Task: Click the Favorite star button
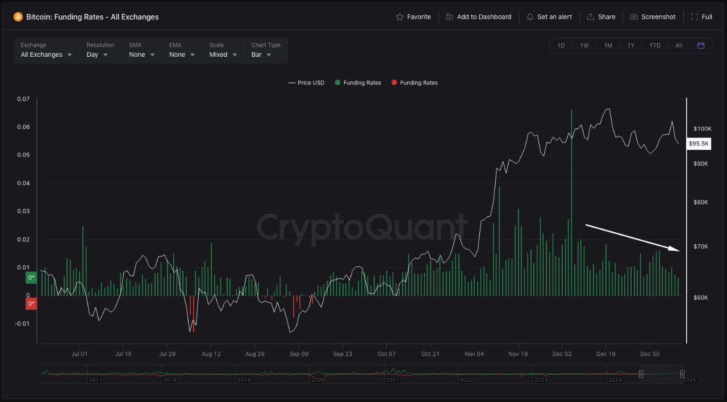point(413,17)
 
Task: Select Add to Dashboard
point(479,17)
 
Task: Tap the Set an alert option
point(549,17)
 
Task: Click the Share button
point(601,17)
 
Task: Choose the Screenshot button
point(653,17)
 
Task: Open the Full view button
point(701,17)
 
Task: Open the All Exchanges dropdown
point(47,55)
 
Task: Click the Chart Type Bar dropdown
point(261,55)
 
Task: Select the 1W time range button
point(584,45)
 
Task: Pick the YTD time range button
point(655,45)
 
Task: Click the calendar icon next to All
point(701,45)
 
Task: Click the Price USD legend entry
point(307,83)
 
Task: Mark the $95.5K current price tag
point(699,144)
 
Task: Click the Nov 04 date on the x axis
point(474,354)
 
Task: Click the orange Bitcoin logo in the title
point(18,17)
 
